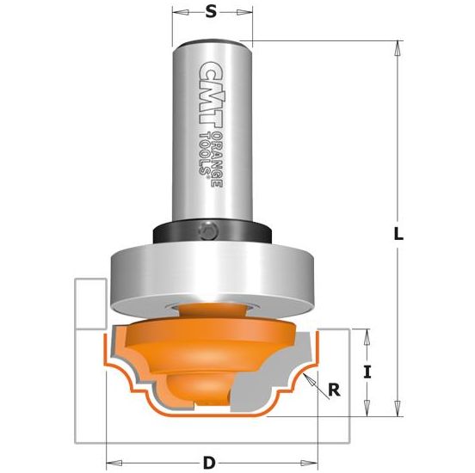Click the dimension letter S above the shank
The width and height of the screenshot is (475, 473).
pos(212,13)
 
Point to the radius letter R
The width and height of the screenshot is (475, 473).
pos(332,391)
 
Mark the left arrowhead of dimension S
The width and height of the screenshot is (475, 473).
pos(176,14)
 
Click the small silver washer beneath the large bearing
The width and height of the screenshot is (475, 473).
pos(212,304)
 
